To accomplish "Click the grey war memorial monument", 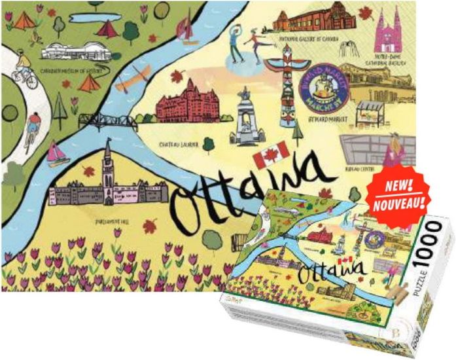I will tap(246, 118).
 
